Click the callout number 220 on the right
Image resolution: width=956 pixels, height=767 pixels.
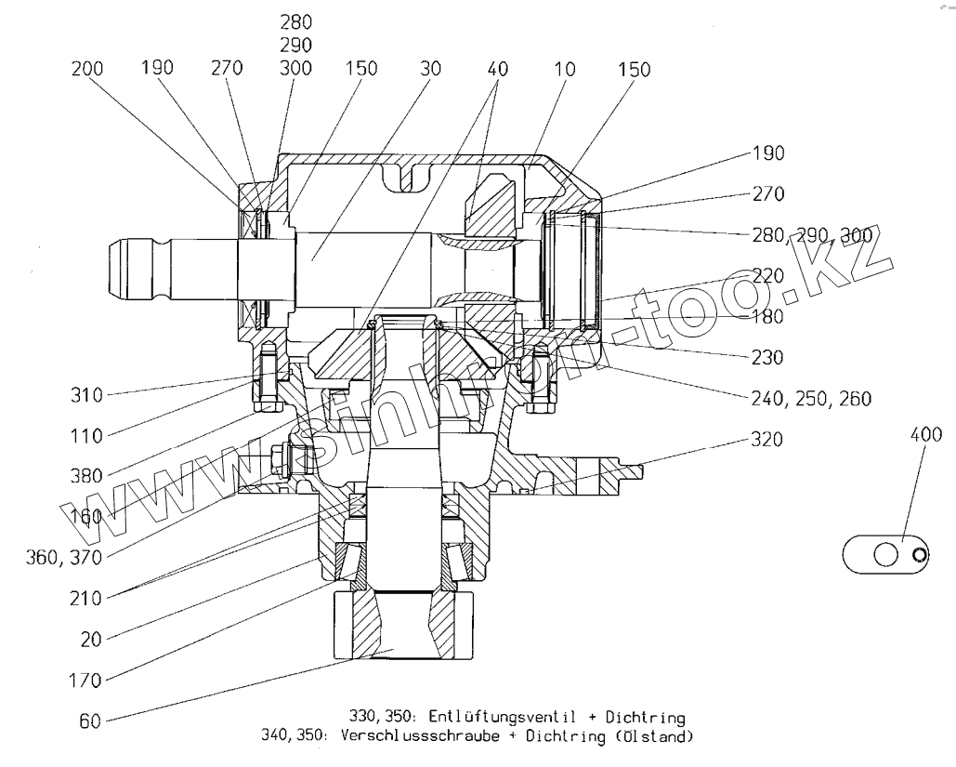pos(768,275)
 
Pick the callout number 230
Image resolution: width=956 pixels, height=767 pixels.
pos(768,356)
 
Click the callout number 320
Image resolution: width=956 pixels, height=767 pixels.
pos(768,438)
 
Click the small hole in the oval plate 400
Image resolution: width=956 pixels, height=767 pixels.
pos(920,557)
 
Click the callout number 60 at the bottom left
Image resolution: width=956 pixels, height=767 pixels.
pos(90,719)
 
